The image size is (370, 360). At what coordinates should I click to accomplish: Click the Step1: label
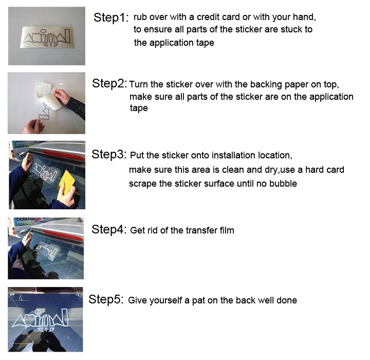click(111, 17)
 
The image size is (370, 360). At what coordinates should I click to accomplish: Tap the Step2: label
click(109, 83)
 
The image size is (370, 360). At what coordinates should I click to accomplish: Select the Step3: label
click(109, 154)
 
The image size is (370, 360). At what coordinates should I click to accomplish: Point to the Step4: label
click(109, 229)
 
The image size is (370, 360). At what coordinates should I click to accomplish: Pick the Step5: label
click(106, 299)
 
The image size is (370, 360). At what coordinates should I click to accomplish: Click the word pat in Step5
click(198, 301)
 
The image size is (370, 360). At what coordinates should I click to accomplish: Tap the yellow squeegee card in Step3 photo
click(66, 182)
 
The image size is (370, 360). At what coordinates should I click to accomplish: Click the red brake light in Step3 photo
click(63, 156)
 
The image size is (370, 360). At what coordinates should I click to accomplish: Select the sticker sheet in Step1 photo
click(46, 37)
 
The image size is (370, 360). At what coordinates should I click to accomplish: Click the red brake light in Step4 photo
click(63, 235)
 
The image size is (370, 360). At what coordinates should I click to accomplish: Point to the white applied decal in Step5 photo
click(40, 321)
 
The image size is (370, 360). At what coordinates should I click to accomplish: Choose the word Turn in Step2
click(139, 84)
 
